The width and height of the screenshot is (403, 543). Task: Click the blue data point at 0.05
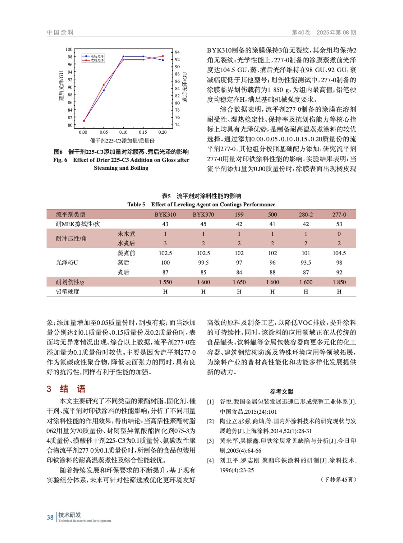coord(104,90)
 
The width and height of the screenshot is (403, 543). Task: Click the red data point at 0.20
coord(163,56)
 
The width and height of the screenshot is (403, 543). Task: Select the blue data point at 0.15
coord(143,56)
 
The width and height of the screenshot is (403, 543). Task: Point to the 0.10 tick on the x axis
coord(123,132)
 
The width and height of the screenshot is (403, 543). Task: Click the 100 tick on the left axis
coord(69,50)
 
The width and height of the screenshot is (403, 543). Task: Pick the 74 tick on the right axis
coord(177,125)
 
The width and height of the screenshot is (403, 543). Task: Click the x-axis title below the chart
coord(122,141)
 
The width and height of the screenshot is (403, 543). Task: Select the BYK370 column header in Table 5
coord(203,214)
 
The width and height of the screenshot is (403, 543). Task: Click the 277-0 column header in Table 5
coord(339,214)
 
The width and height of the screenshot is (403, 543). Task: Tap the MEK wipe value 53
coord(339,224)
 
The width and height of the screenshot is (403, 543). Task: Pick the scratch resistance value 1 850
coord(339,282)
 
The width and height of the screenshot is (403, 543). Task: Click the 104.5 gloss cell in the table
coord(339,253)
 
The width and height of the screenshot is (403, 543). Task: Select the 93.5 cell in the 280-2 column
coord(306,263)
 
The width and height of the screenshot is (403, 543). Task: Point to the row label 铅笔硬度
coord(68,292)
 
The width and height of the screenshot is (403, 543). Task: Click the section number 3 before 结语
coord(49,389)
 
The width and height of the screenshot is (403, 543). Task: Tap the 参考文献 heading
coord(281,392)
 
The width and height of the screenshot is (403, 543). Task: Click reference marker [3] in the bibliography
coord(210,441)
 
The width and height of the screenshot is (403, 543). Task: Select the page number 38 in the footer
coord(50,518)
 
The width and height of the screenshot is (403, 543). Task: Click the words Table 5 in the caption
coord(136,204)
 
